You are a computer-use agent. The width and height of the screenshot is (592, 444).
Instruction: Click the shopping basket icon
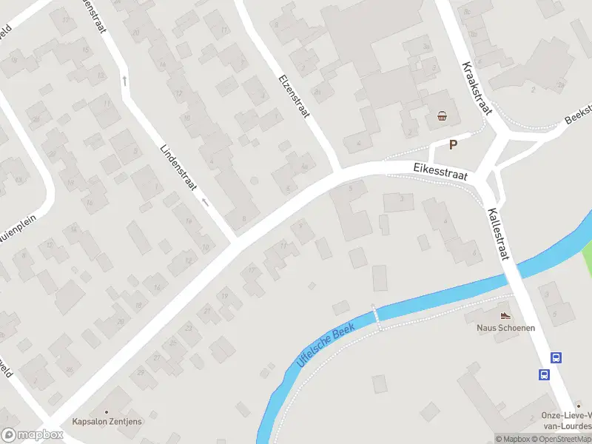pyautogui.click(x=443, y=115)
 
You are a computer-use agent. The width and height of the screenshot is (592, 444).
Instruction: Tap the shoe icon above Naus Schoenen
pyautogui.click(x=506, y=315)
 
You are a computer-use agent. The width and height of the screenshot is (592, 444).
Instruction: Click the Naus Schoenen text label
pyautogui.click(x=506, y=327)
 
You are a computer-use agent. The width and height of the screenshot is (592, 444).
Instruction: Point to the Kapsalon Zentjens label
pyautogui.click(x=107, y=422)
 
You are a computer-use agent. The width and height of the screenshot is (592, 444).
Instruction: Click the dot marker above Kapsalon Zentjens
pyautogui.click(x=107, y=411)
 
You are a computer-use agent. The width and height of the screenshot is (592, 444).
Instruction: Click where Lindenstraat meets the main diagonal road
pyautogui.click(x=237, y=238)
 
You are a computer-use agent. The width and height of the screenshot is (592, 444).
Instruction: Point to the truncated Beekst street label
pyautogui.click(x=578, y=112)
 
